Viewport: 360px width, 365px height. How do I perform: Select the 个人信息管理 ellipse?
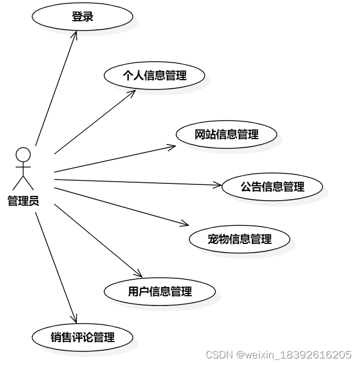154,76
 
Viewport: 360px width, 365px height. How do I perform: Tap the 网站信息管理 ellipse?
226,134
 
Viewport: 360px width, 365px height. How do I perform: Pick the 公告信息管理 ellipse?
272,187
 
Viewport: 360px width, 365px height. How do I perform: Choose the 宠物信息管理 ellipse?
239,239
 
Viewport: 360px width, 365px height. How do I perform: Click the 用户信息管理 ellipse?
160,291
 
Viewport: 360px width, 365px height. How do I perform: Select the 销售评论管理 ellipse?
82,337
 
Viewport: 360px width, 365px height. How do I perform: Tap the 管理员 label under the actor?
23,201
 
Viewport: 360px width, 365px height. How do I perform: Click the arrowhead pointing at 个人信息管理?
133,92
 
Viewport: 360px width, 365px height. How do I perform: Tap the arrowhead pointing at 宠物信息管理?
186,224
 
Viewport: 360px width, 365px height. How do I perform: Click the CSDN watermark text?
219,354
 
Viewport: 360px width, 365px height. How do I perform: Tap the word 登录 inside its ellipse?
82,17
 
